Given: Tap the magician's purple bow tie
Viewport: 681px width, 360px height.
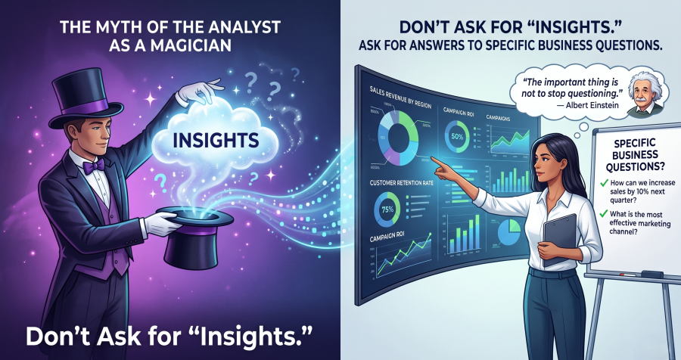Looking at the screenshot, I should click(94, 166).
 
